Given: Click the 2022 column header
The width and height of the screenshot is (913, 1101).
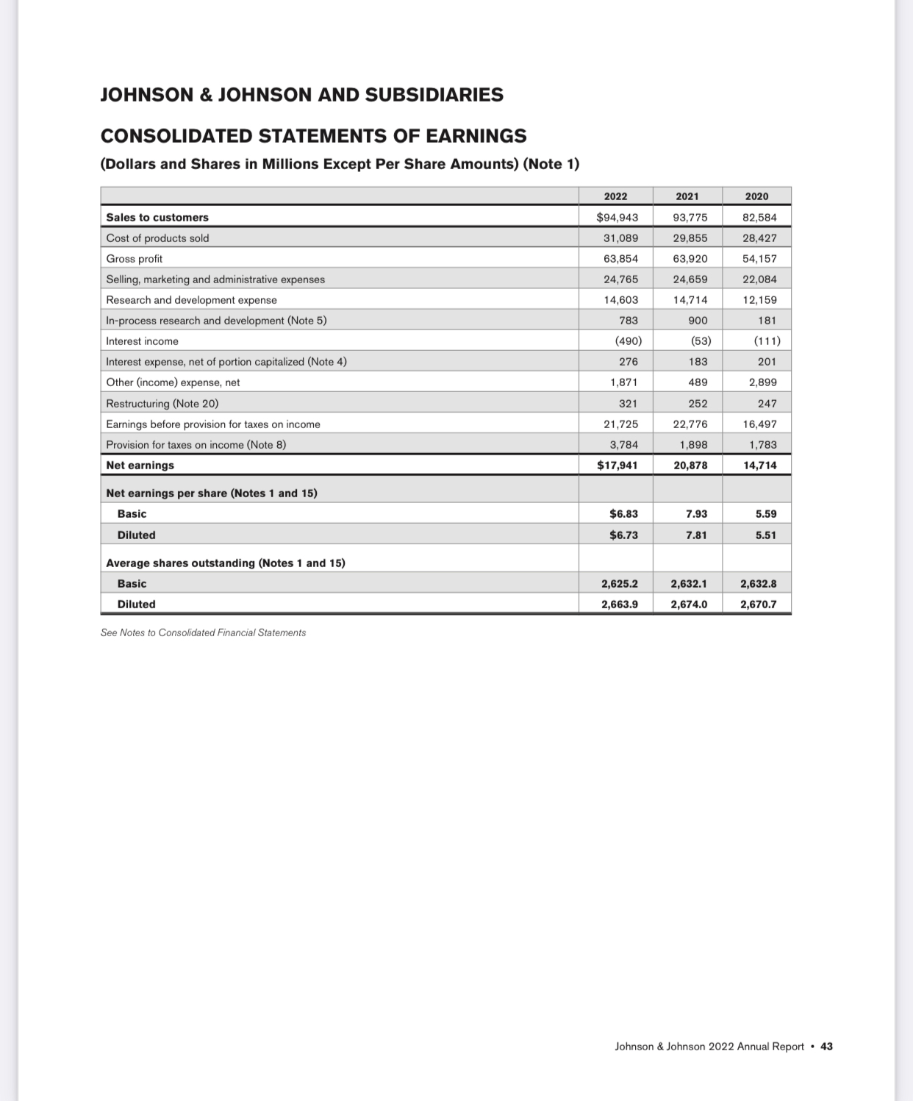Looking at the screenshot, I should click(615, 196).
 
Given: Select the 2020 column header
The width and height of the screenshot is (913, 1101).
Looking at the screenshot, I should click(756, 196).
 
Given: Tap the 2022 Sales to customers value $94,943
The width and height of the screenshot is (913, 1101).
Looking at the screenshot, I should click(617, 217).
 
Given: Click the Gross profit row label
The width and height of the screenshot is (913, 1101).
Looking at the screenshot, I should click(135, 259).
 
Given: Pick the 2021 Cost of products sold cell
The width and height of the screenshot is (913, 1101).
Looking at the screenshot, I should click(690, 238).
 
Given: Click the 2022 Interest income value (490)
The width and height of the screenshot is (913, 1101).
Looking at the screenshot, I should click(628, 341).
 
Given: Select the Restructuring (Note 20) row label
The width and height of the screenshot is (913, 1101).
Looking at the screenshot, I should click(162, 404).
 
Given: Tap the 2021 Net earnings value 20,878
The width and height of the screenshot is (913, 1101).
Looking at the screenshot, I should click(690, 466).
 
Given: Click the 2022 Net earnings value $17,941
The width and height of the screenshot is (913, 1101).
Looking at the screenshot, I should click(617, 466).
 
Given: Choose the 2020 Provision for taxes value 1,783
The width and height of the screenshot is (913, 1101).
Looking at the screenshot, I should click(762, 445).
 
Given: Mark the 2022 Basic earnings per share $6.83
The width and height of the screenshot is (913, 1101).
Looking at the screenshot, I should click(623, 514).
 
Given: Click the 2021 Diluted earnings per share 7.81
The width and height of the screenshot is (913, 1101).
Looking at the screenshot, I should click(696, 535).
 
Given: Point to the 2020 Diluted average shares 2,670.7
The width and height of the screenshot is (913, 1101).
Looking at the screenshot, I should click(758, 605).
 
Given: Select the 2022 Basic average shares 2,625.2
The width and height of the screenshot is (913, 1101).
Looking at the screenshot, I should click(619, 584).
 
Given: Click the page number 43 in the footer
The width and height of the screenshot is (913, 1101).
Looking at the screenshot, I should click(826, 1047).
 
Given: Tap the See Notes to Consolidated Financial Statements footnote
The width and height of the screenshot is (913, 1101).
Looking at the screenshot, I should click(203, 633).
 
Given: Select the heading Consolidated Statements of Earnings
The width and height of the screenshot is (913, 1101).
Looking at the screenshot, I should click(313, 136).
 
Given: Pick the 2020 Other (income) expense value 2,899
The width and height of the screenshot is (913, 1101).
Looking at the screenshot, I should click(762, 382).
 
